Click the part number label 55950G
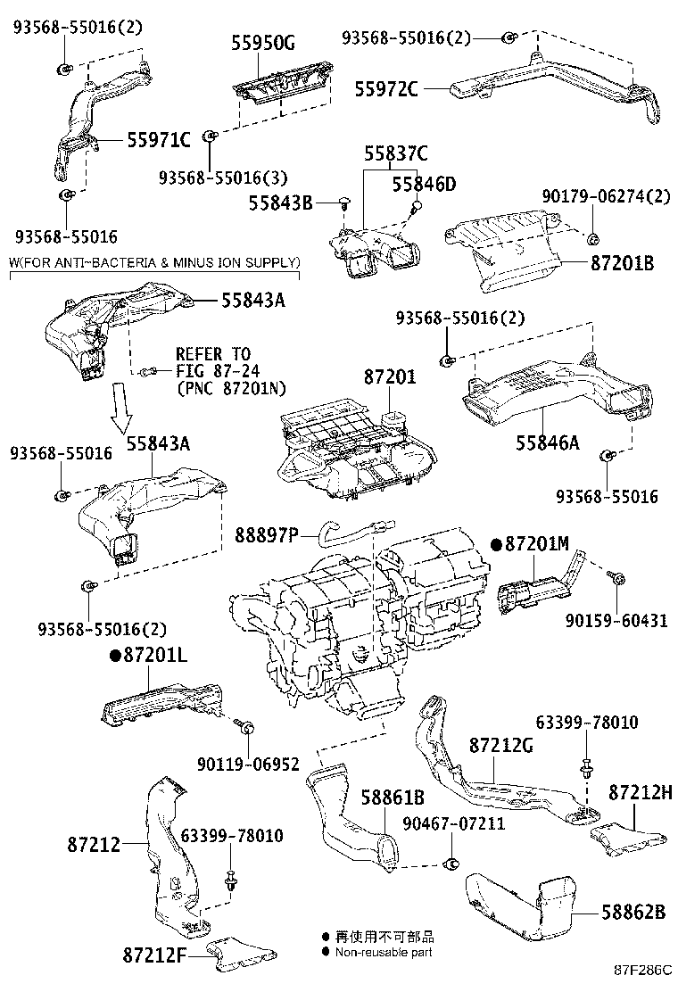pyautogui.click(x=262, y=43)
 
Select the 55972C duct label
pyautogui.click(x=385, y=88)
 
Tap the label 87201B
pyautogui.click(x=623, y=262)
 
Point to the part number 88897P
pyautogui.click(x=266, y=535)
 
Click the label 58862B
pyautogui.click(x=633, y=913)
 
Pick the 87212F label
pyautogui.click(x=154, y=954)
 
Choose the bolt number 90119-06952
pyautogui.click(x=248, y=765)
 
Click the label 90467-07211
pyautogui.click(x=454, y=823)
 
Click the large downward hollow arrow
pyautogui.click(x=123, y=406)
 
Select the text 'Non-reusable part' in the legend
pyautogui.click(x=384, y=952)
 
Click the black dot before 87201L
pyautogui.click(x=115, y=656)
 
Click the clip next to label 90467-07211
pyautogui.click(x=453, y=863)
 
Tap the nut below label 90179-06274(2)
pyautogui.click(x=593, y=239)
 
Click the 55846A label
pyautogui.click(x=548, y=442)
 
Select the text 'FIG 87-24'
pyautogui.click(x=219, y=371)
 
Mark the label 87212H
pyautogui.click(x=641, y=791)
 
